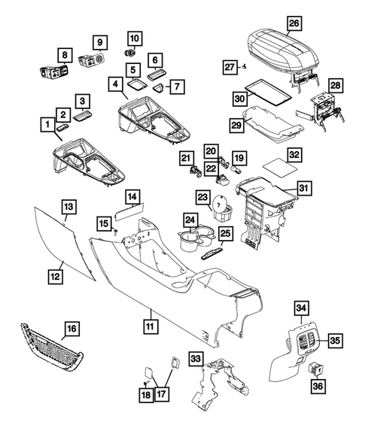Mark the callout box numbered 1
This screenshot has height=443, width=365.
click(47, 123)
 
